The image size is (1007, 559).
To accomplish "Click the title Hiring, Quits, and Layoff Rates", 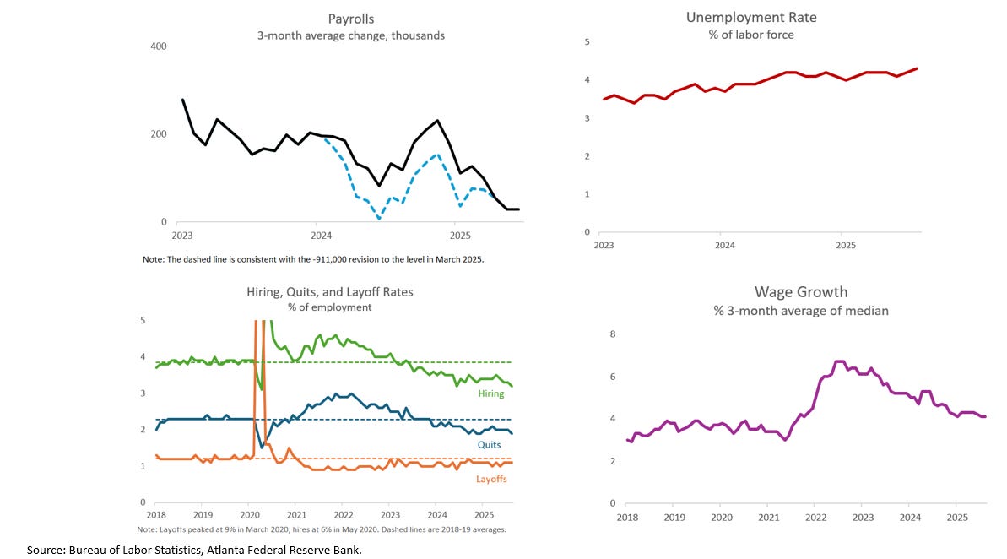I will pyautogui.click(x=329, y=291).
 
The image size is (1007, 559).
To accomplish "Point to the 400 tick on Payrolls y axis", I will pyautogui.click(x=158, y=46).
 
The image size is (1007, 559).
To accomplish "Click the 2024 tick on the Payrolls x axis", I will pyautogui.click(x=320, y=235).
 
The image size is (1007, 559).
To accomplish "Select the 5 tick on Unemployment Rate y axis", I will pyautogui.click(x=587, y=42).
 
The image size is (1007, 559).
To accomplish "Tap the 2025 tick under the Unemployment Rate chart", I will pyautogui.click(x=845, y=245).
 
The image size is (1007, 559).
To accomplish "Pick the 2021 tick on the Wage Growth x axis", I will pyautogui.click(x=769, y=516).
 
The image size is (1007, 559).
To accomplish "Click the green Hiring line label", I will pyautogui.click(x=490, y=393).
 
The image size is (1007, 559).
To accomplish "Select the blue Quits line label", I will pyautogui.click(x=489, y=444).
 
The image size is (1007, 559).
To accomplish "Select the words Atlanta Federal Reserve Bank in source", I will pyautogui.click(x=293, y=550).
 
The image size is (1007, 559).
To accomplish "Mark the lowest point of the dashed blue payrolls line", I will pyautogui.click(x=379, y=220).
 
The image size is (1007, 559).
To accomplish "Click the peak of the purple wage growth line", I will pyautogui.click(x=838, y=361).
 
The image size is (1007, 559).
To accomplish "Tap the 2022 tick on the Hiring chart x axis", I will pyautogui.click(x=343, y=513).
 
